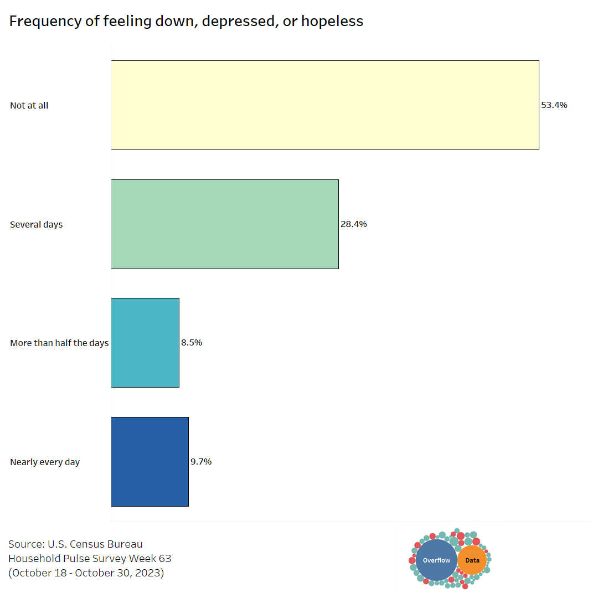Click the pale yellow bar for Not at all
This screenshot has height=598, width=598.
pyautogui.click(x=325, y=105)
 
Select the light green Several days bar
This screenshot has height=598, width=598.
pyautogui.click(x=225, y=224)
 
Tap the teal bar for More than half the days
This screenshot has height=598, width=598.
pyautogui.click(x=145, y=343)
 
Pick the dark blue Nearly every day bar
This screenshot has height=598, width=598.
pyautogui.click(x=149, y=462)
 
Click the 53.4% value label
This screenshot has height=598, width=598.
pyautogui.click(x=554, y=105)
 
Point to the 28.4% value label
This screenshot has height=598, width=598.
pyautogui.click(x=354, y=224)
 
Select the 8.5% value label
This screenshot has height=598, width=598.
pyautogui.click(x=192, y=343)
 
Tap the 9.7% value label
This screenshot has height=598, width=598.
pyautogui.click(x=201, y=462)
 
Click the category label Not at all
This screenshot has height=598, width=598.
pyautogui.click(x=29, y=105)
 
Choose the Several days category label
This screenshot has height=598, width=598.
pyautogui.click(x=37, y=225)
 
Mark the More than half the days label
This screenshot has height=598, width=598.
pyautogui.click(x=59, y=343)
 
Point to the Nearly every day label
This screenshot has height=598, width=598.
pyautogui.click(x=45, y=462)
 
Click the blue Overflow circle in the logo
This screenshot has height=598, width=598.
pyautogui.click(x=436, y=560)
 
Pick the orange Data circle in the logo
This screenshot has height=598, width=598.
pyautogui.click(x=472, y=560)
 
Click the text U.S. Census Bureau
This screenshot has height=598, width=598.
pyautogui.click(x=95, y=544)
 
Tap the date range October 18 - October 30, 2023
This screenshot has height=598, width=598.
pyautogui.click(x=86, y=573)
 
